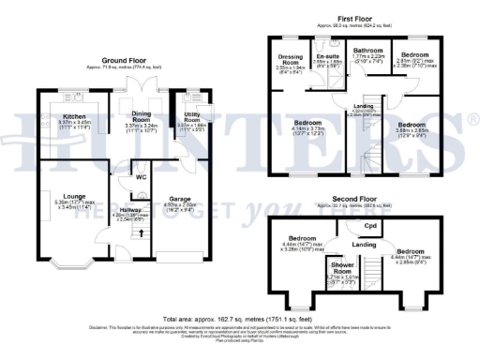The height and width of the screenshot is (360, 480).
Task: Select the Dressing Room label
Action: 291,58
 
